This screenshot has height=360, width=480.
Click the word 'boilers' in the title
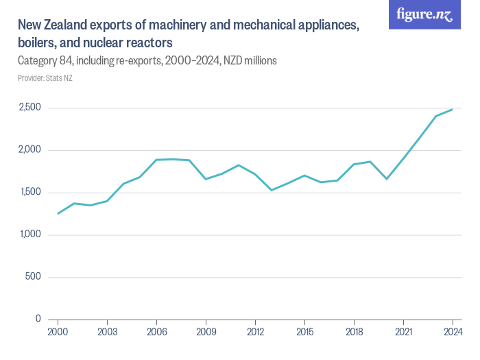(x=36, y=43)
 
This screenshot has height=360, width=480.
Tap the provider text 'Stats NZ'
(x=59, y=78)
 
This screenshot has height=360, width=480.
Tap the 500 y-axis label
(x=34, y=277)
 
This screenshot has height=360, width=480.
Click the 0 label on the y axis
(x=38, y=320)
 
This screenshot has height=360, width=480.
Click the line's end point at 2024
(x=453, y=110)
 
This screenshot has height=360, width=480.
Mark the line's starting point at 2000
(x=58, y=213)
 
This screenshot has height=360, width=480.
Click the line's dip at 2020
(x=387, y=179)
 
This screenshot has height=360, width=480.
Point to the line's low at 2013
(x=272, y=190)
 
